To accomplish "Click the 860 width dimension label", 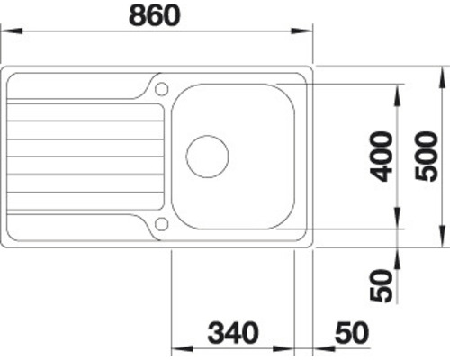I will (x=156, y=15).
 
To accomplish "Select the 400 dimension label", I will (x=382, y=156).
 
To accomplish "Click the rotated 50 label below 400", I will (x=382, y=285).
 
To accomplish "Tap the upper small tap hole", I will (x=161, y=88).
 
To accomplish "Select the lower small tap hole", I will (x=161, y=223).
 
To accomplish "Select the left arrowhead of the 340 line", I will (x=175, y=349).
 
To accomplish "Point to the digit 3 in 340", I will (x=216, y=332).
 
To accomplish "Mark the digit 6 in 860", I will (x=156, y=15).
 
